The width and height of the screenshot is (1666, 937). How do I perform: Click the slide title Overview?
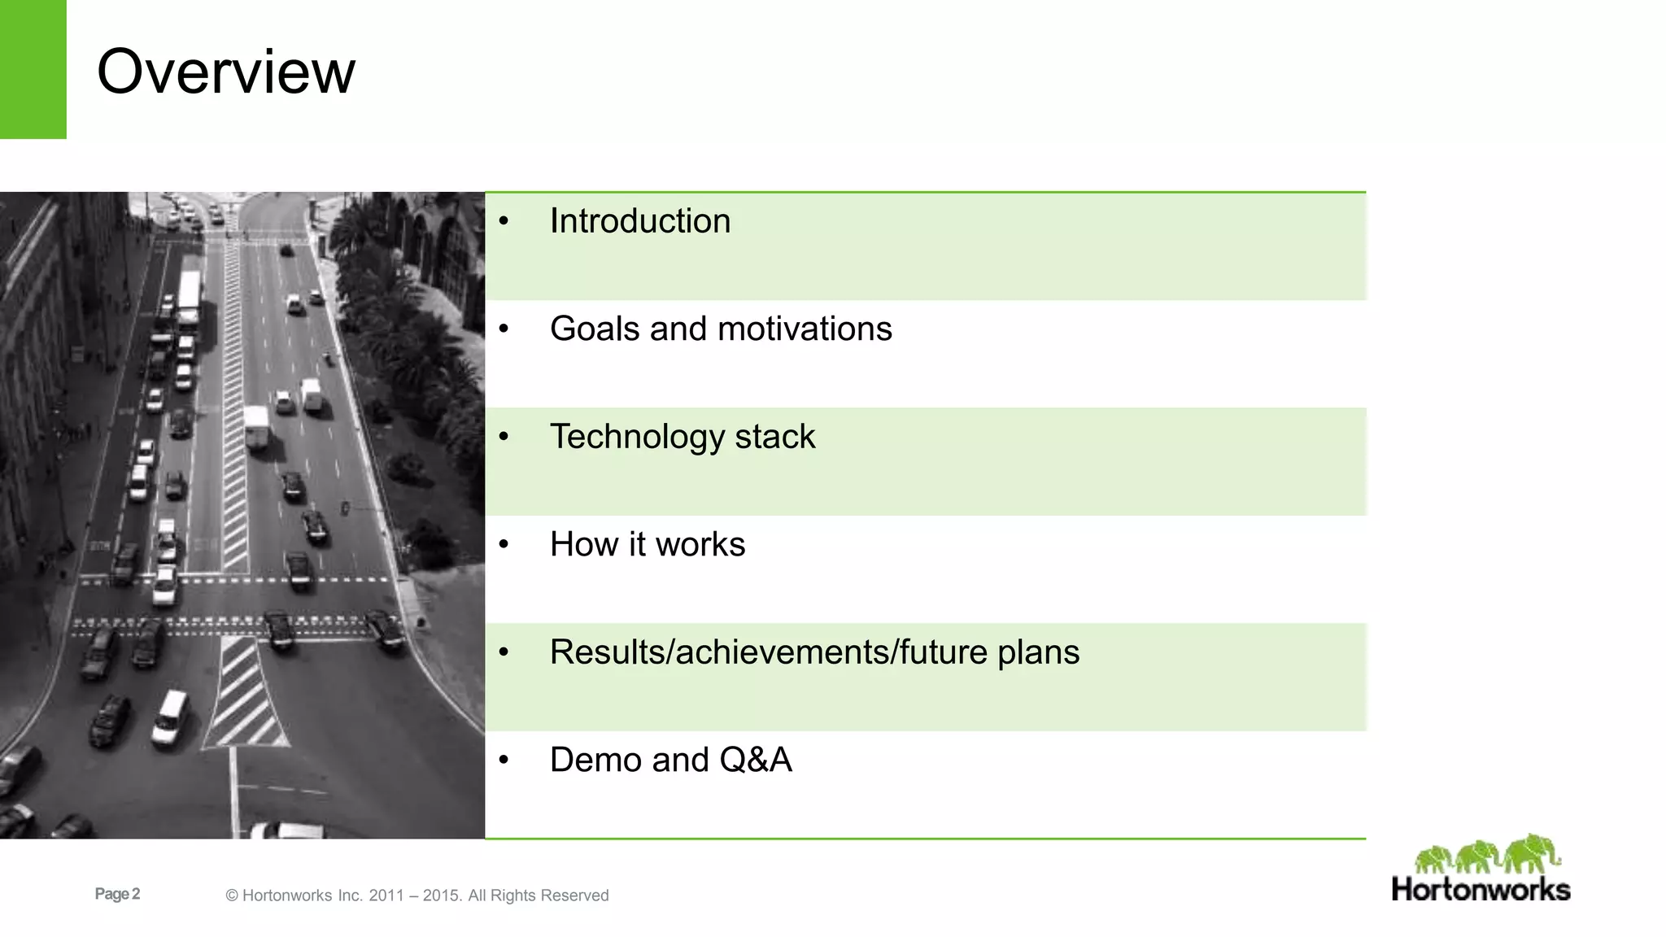(226, 72)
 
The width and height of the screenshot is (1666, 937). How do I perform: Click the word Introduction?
(639, 221)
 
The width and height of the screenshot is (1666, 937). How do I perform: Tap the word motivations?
(805, 329)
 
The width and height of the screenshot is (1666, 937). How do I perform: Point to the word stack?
(774, 437)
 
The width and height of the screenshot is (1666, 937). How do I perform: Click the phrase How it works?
(647, 544)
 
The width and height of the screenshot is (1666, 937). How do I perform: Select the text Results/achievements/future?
(768, 652)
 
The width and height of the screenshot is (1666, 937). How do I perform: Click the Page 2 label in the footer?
(117, 894)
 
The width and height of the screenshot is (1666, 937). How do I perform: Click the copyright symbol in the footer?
(232, 896)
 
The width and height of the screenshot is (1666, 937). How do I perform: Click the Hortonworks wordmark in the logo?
(1481, 888)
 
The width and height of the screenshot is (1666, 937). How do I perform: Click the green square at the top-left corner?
(33, 69)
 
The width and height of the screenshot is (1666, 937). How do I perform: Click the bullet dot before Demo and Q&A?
(504, 760)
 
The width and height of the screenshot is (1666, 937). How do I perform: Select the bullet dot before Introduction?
(504, 221)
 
